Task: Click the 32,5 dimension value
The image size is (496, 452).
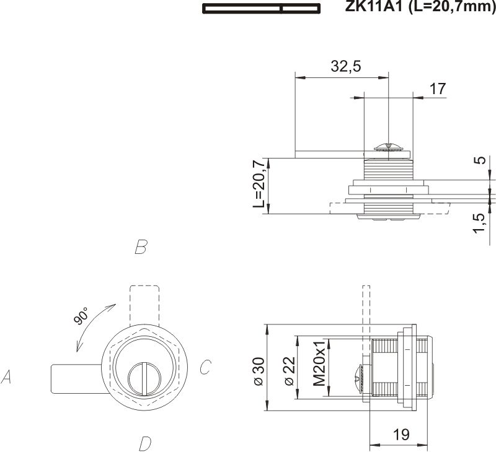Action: (346, 67)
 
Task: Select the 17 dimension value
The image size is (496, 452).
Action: (437, 89)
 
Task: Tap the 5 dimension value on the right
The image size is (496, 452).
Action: (479, 160)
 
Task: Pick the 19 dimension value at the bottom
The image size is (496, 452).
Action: (401, 435)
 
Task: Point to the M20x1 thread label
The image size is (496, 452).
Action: (319, 363)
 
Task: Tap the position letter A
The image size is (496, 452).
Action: (7, 376)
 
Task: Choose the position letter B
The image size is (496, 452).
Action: (140, 248)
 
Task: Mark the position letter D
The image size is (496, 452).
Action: (144, 443)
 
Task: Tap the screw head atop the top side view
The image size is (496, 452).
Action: (387, 147)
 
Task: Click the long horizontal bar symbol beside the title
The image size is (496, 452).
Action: (261, 8)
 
